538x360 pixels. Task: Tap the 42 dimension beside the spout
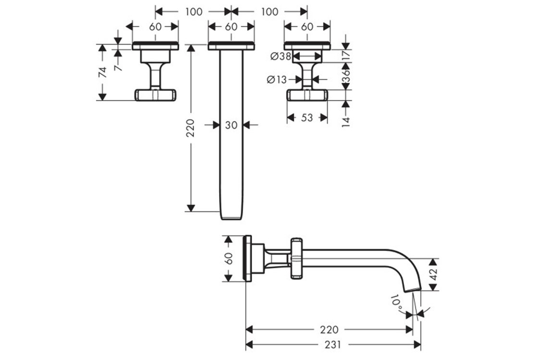coord(434,274)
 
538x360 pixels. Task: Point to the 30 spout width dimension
coord(231,125)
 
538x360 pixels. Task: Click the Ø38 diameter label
coord(281,56)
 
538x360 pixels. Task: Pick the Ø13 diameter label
coord(277,80)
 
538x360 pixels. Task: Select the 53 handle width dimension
coord(307,118)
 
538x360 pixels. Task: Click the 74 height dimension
coord(103,72)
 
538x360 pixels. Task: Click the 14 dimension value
coord(346,122)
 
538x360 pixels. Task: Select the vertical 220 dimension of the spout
coord(190,128)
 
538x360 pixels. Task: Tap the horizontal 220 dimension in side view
coord(329,330)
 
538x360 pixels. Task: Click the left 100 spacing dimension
coord(194,12)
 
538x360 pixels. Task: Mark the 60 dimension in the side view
coord(229,258)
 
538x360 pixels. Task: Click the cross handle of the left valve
coord(155,95)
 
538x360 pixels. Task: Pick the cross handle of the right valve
coord(307,95)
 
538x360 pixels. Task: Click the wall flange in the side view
coord(247,258)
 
